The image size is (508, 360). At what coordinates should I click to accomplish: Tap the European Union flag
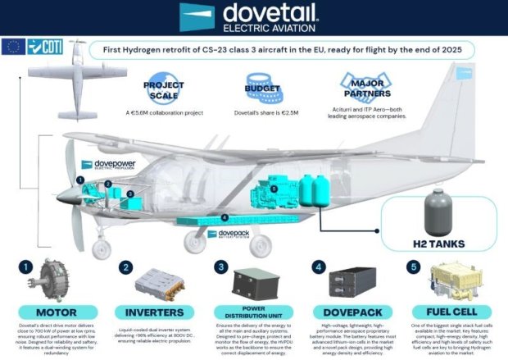pos(14,47)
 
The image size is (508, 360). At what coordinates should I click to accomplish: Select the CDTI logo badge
pos(44,47)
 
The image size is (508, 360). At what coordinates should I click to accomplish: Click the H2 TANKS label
pos(442,244)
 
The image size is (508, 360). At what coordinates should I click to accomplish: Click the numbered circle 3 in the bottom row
pos(220,267)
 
